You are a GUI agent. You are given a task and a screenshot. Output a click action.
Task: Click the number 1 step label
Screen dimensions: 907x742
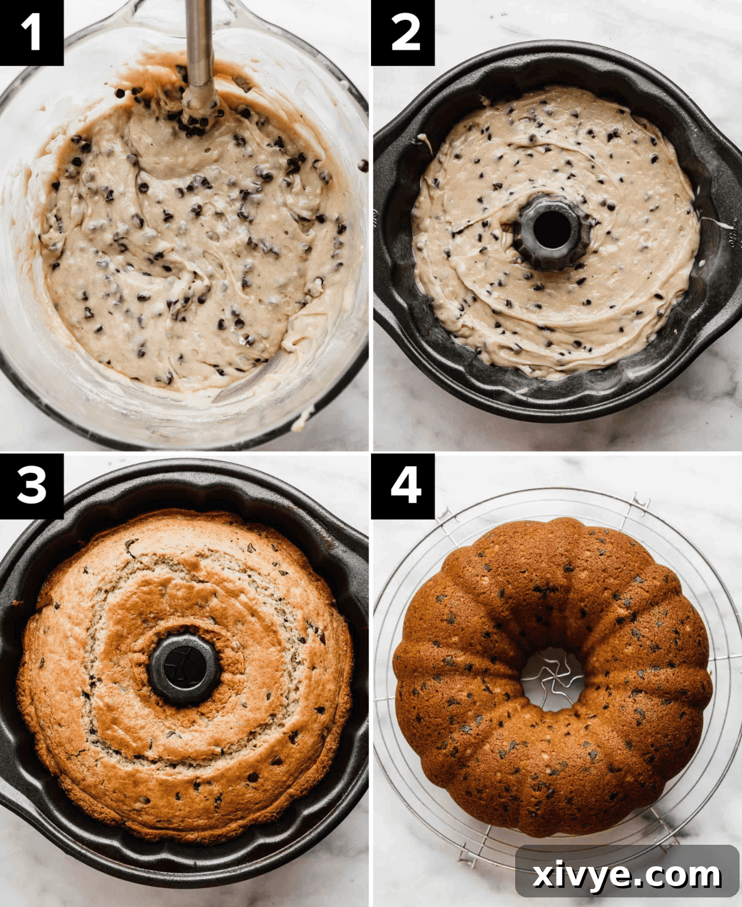tap(31, 32)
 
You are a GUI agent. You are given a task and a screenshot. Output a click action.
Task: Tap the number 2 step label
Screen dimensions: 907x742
tap(403, 32)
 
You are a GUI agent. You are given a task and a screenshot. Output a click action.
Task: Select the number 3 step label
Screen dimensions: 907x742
tap(31, 485)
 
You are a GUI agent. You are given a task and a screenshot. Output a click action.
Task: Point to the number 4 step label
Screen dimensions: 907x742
tap(403, 485)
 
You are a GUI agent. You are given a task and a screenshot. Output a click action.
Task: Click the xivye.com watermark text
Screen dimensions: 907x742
tap(627, 875)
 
